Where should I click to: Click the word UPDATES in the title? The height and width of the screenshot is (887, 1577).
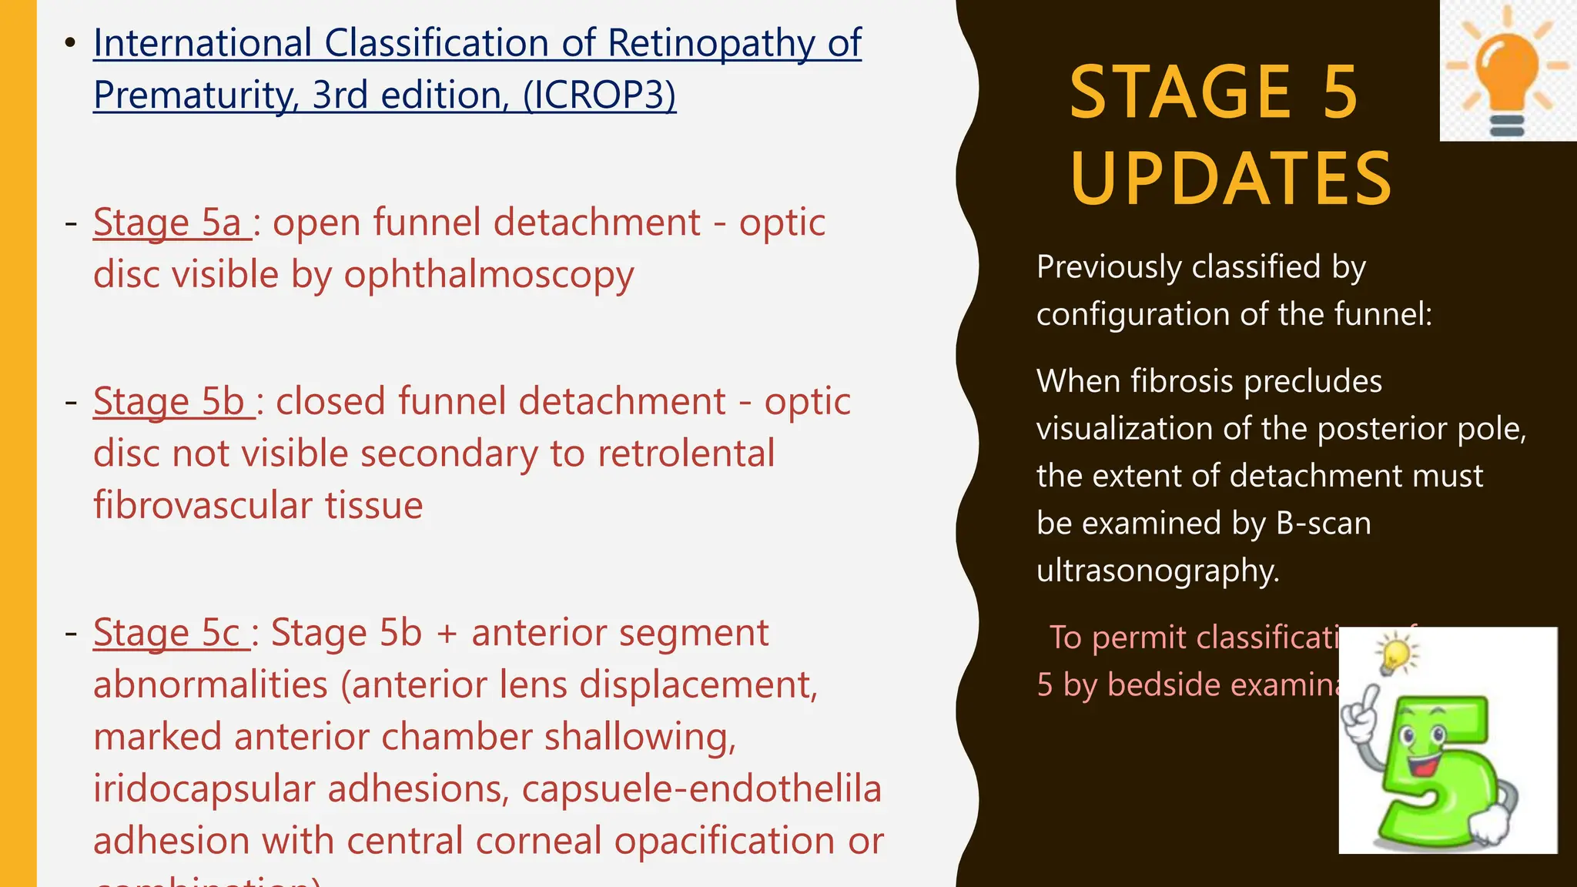[1230, 179]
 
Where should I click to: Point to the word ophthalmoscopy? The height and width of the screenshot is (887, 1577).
[489, 276]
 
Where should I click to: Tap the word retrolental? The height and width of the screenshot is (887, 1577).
[686, 454]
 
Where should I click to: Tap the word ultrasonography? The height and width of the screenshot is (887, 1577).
[1157, 571]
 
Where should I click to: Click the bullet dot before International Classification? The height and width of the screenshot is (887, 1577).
[70, 42]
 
